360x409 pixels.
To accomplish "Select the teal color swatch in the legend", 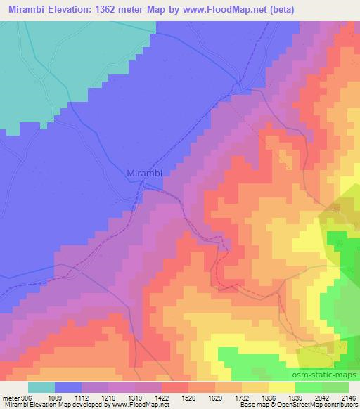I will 41,387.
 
